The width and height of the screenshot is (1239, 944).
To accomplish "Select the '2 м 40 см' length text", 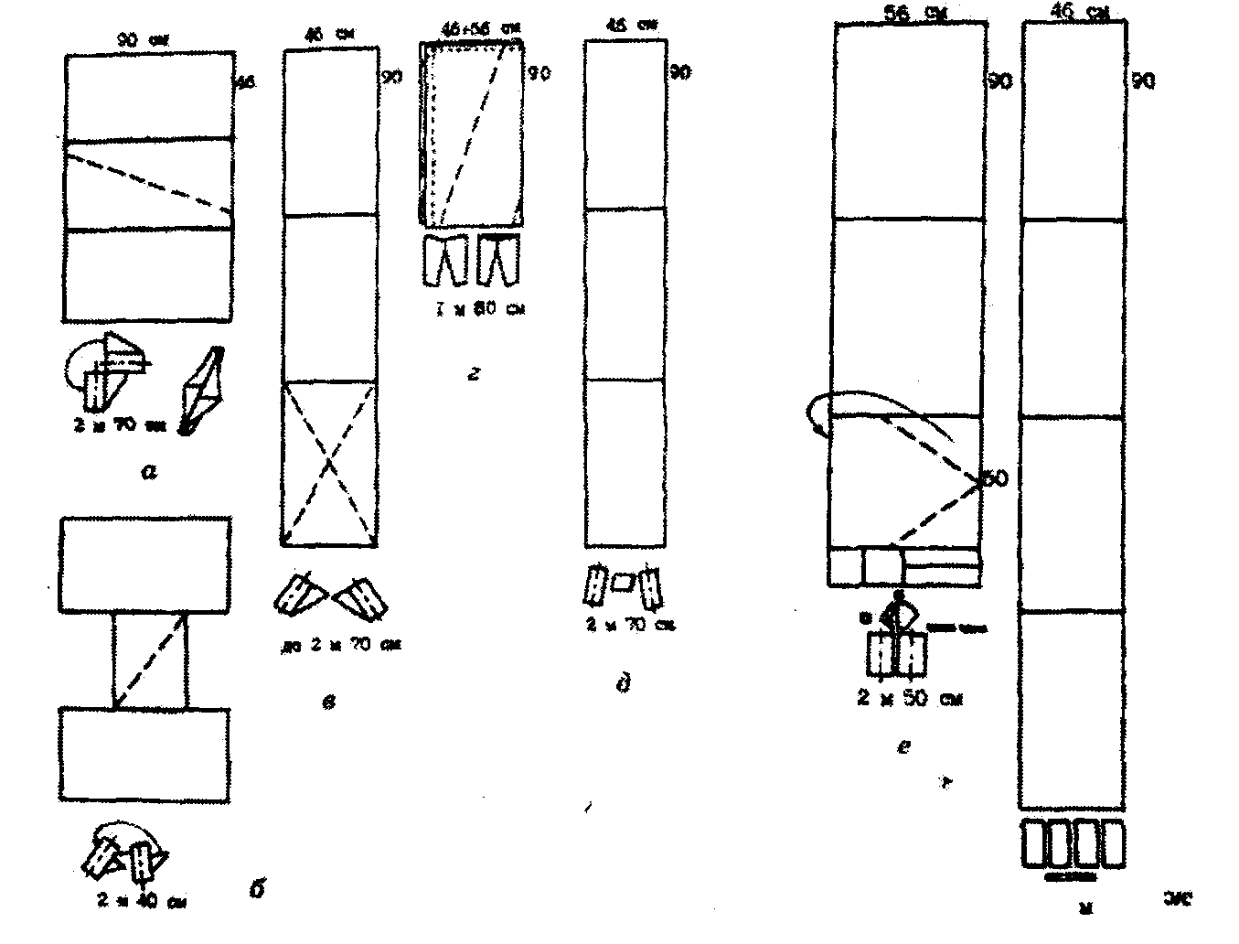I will tap(143, 900).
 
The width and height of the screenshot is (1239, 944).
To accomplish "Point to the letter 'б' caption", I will tap(257, 886).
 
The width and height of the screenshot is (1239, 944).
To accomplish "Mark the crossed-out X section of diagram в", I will tap(330, 463).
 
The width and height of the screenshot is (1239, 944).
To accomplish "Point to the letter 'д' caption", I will tap(625, 683).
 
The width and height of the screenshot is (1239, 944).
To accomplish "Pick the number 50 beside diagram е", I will tap(996, 478).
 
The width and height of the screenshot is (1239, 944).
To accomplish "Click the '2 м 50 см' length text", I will tap(910, 699).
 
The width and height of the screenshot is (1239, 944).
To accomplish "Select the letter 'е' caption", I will tap(903, 747).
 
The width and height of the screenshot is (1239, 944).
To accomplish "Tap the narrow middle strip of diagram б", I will tap(150, 659).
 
